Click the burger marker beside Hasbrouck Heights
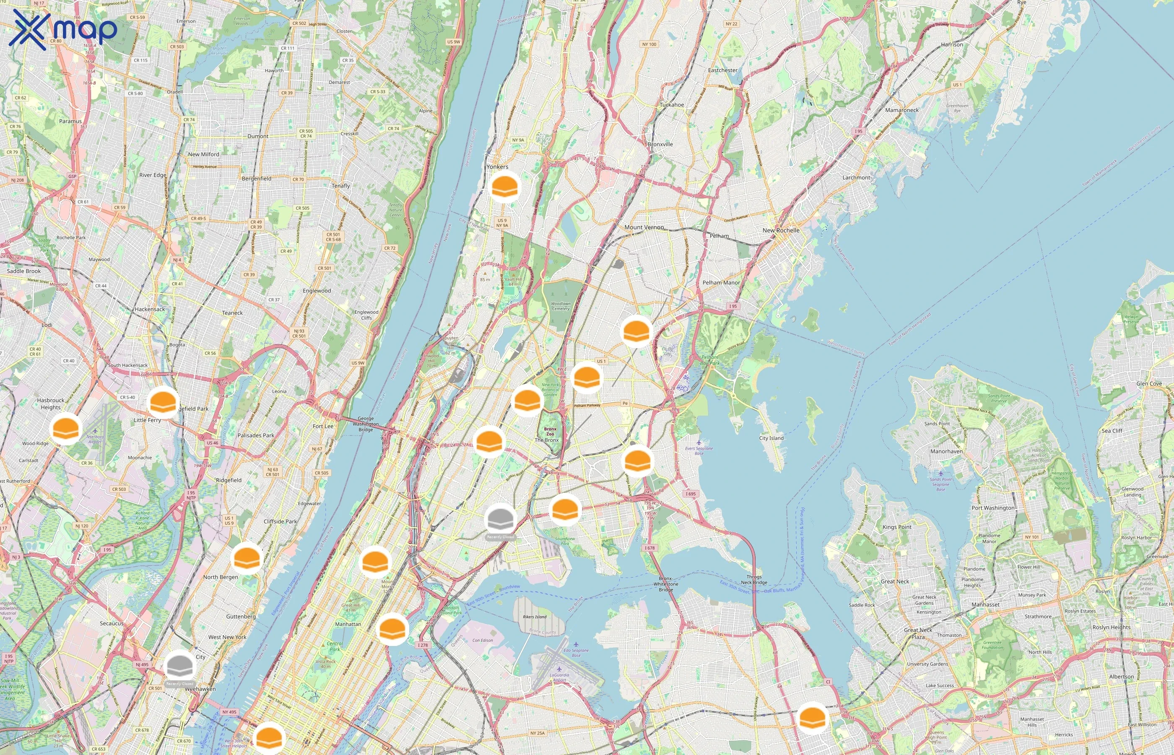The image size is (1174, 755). [x=66, y=429]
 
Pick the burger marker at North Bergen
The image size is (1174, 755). [x=247, y=558]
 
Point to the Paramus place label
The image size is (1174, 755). [x=70, y=121]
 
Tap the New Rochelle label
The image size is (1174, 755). [x=781, y=230]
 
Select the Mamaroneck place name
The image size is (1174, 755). [x=901, y=110]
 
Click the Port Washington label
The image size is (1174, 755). [x=993, y=508]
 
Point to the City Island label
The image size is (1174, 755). [x=771, y=438]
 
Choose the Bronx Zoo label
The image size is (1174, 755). [x=550, y=432]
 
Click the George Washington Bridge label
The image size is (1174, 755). [x=366, y=424]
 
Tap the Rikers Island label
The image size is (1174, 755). [x=534, y=617]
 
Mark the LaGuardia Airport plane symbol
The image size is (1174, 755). [x=559, y=669]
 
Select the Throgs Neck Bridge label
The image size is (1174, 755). [x=753, y=580]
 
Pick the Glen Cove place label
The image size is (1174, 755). [x=1148, y=384]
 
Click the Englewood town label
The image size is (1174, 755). [x=317, y=291]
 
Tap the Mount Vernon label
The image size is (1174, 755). [x=644, y=227]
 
